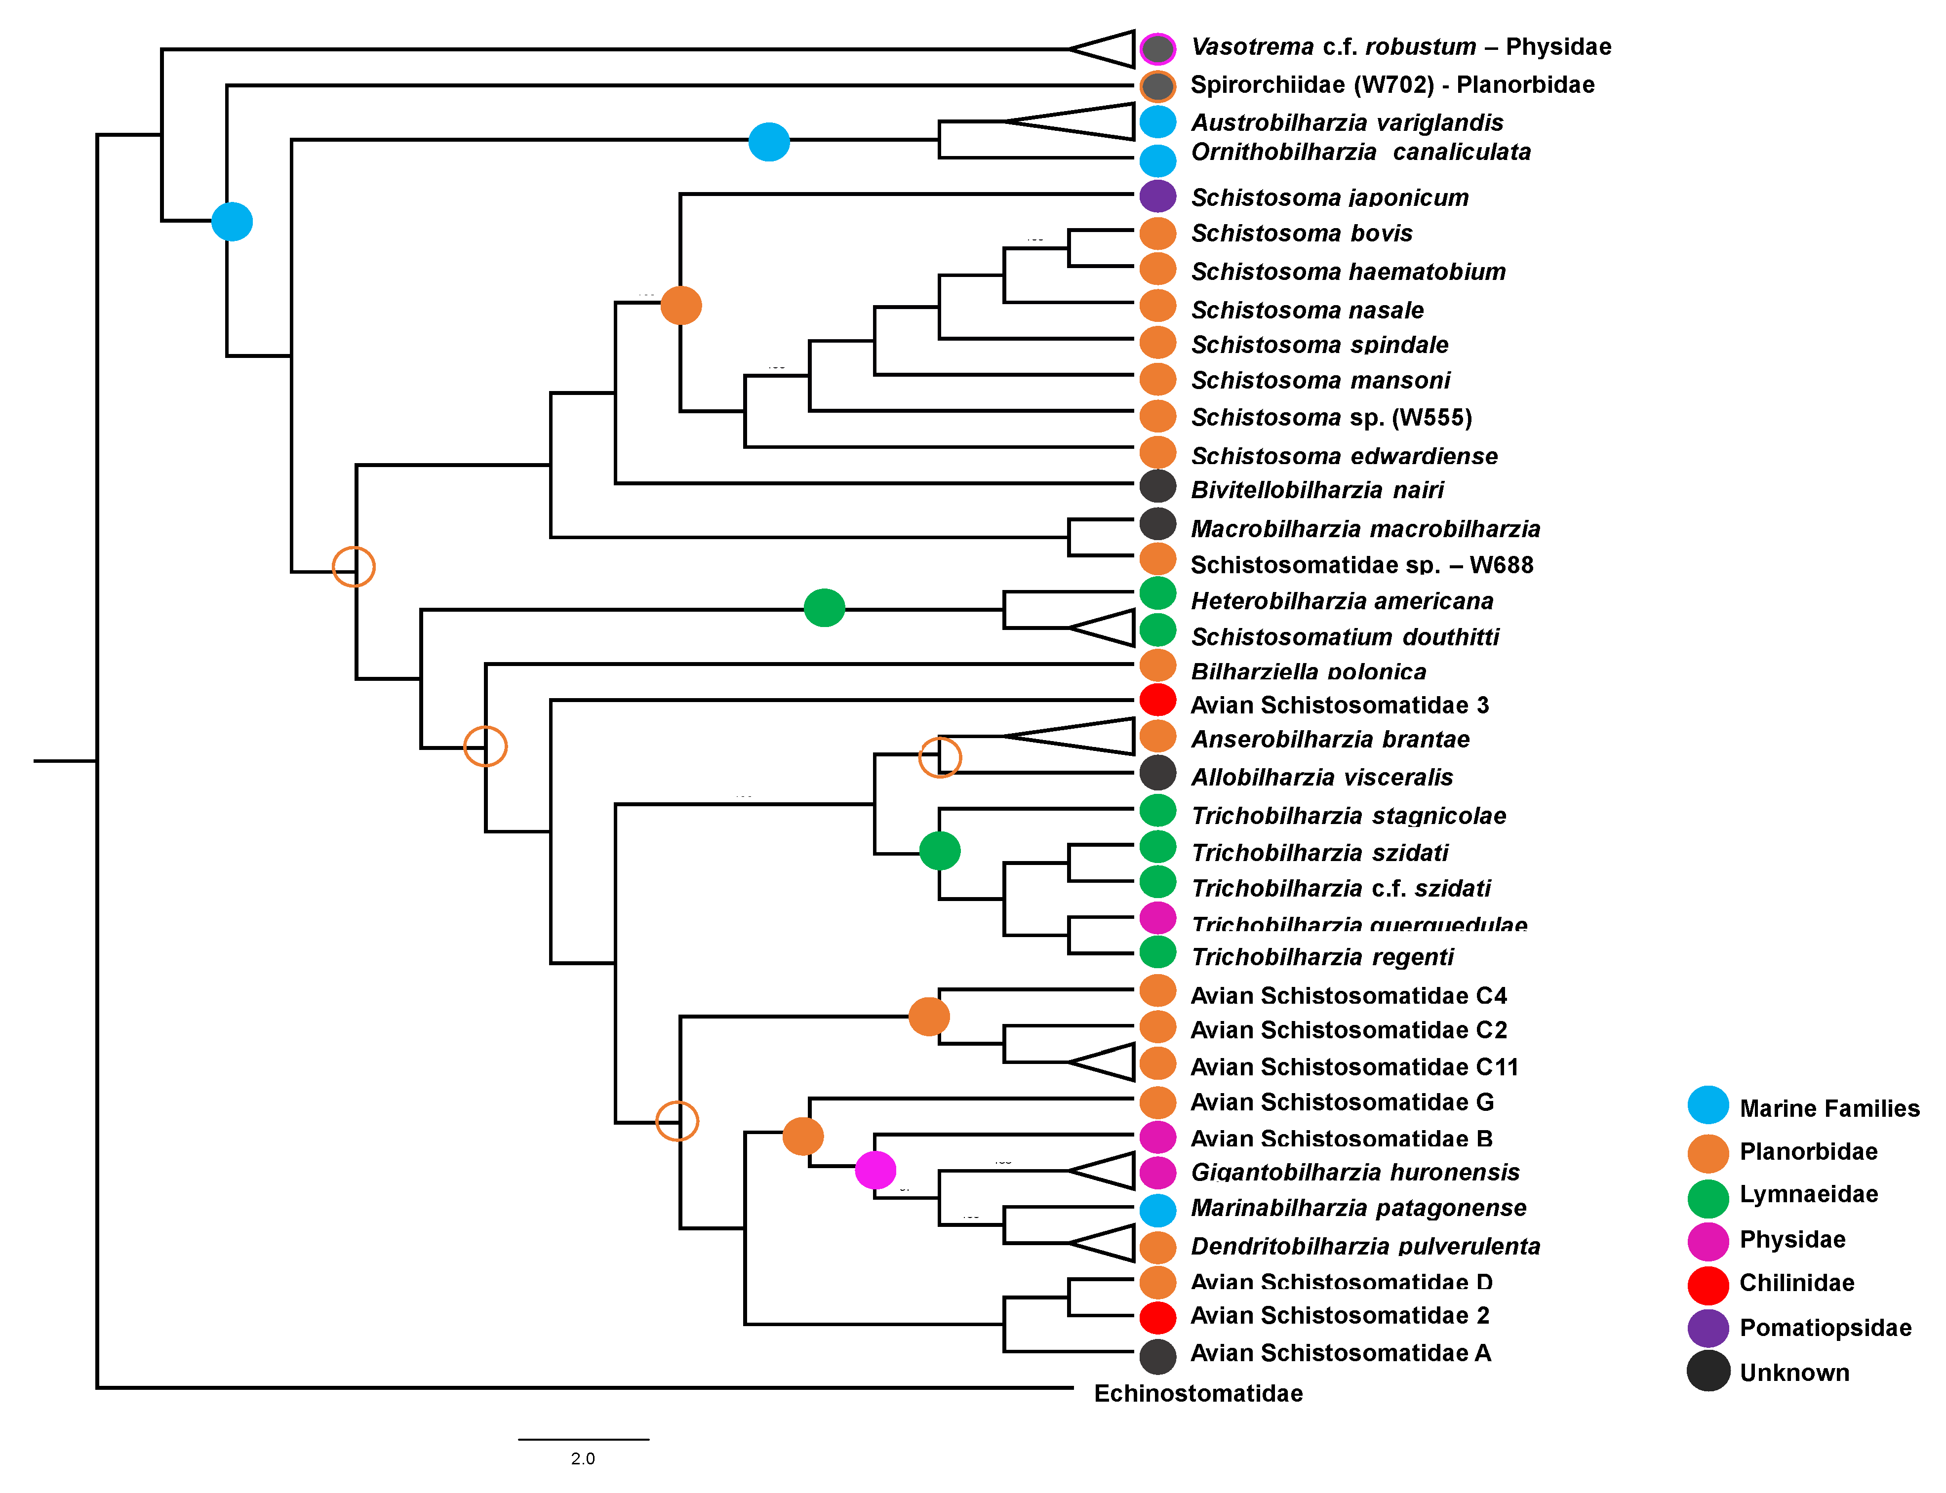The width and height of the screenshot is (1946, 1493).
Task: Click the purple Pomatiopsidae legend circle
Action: click(1707, 1328)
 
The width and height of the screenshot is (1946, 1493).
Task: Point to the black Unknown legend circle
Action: click(1707, 1371)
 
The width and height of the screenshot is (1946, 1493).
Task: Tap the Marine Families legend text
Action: click(1828, 1108)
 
